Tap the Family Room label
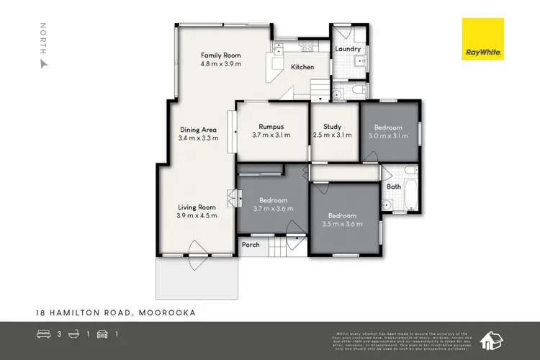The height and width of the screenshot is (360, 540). pos(220,55)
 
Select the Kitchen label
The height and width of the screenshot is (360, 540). pos(302,67)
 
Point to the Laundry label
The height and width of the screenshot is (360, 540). pos(348,49)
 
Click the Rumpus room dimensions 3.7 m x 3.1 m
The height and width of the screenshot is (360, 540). pos(271,135)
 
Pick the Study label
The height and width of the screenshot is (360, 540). pos(333,126)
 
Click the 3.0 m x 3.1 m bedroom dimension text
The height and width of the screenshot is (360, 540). pos(388,135)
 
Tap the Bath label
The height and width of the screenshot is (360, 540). pos(394,186)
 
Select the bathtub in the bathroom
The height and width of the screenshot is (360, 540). pos(410,187)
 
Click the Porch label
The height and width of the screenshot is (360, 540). pos(251,245)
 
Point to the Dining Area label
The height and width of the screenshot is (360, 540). pos(198,130)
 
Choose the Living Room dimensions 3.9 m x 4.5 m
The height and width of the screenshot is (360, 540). pos(197,215)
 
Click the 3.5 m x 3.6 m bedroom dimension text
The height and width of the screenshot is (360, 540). pos(342,224)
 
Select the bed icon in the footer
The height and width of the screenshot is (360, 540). pos(42,334)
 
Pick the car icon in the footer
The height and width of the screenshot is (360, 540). pos(102,334)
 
